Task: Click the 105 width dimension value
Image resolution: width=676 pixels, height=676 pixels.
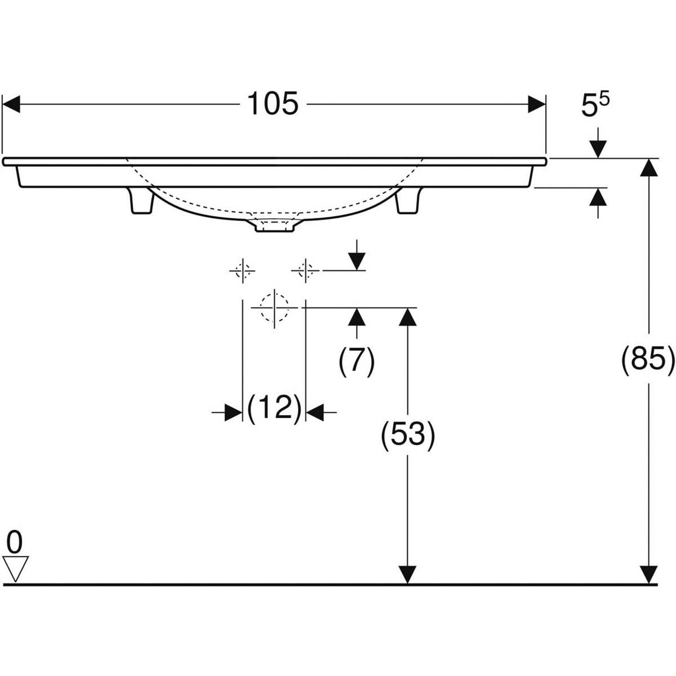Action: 273,104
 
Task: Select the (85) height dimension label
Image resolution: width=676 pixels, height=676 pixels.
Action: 649,360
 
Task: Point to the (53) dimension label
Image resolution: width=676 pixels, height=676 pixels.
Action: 408,435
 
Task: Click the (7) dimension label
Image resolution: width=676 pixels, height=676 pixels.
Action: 356,361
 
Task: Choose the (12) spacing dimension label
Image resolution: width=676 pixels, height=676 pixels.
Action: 274,408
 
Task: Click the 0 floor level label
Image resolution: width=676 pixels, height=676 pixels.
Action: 15,542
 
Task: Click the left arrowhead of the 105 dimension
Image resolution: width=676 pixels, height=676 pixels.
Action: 11,104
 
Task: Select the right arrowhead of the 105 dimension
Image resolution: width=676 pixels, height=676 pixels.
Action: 537,104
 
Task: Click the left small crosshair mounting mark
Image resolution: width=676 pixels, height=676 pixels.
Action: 242,271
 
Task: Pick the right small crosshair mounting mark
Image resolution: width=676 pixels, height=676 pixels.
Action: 306,271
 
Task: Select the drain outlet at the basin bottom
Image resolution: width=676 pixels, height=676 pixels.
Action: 274,225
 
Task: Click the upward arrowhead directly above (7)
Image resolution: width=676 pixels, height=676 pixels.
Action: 357,317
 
